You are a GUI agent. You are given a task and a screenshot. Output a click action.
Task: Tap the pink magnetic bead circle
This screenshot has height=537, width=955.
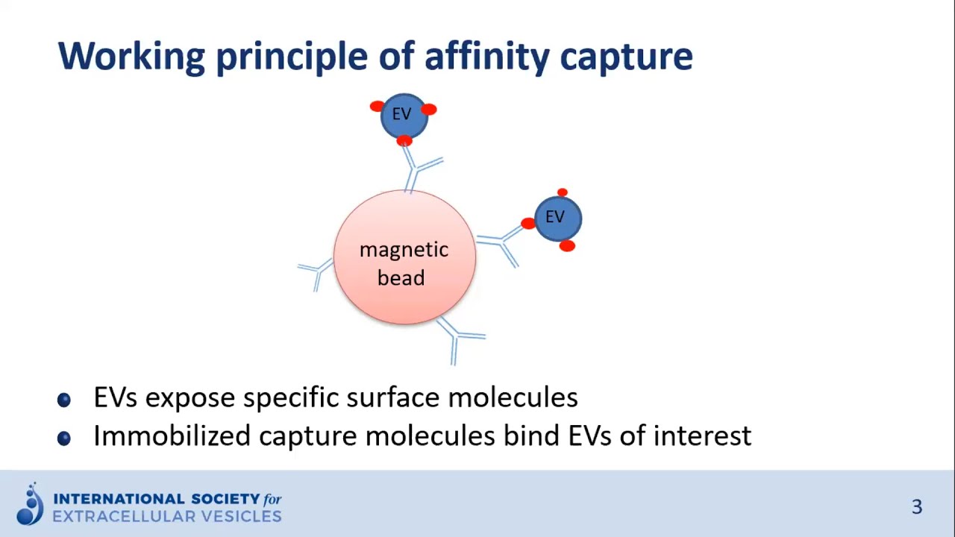click(404, 257)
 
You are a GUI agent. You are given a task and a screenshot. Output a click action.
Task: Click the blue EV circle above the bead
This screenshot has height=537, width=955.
click(403, 115)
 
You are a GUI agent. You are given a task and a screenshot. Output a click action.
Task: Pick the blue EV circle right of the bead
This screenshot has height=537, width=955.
click(557, 218)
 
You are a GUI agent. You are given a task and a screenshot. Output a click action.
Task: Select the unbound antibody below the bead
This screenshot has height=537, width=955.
click(458, 339)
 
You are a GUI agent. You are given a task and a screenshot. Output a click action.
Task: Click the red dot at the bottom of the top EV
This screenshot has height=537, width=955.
click(404, 140)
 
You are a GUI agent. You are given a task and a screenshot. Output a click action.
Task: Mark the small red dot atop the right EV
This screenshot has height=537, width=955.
click(563, 193)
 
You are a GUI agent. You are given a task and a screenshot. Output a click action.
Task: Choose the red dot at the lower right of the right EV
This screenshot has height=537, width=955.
click(567, 245)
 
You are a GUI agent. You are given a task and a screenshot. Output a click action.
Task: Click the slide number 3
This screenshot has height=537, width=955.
click(917, 507)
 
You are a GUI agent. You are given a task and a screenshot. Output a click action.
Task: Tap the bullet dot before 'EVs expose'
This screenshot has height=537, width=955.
click(64, 400)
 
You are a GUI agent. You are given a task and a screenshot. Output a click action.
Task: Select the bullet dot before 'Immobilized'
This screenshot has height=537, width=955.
click(64, 438)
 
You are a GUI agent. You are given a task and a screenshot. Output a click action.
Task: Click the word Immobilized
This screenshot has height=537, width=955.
click(172, 436)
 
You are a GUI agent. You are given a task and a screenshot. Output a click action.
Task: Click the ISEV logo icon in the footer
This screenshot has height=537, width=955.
click(31, 505)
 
